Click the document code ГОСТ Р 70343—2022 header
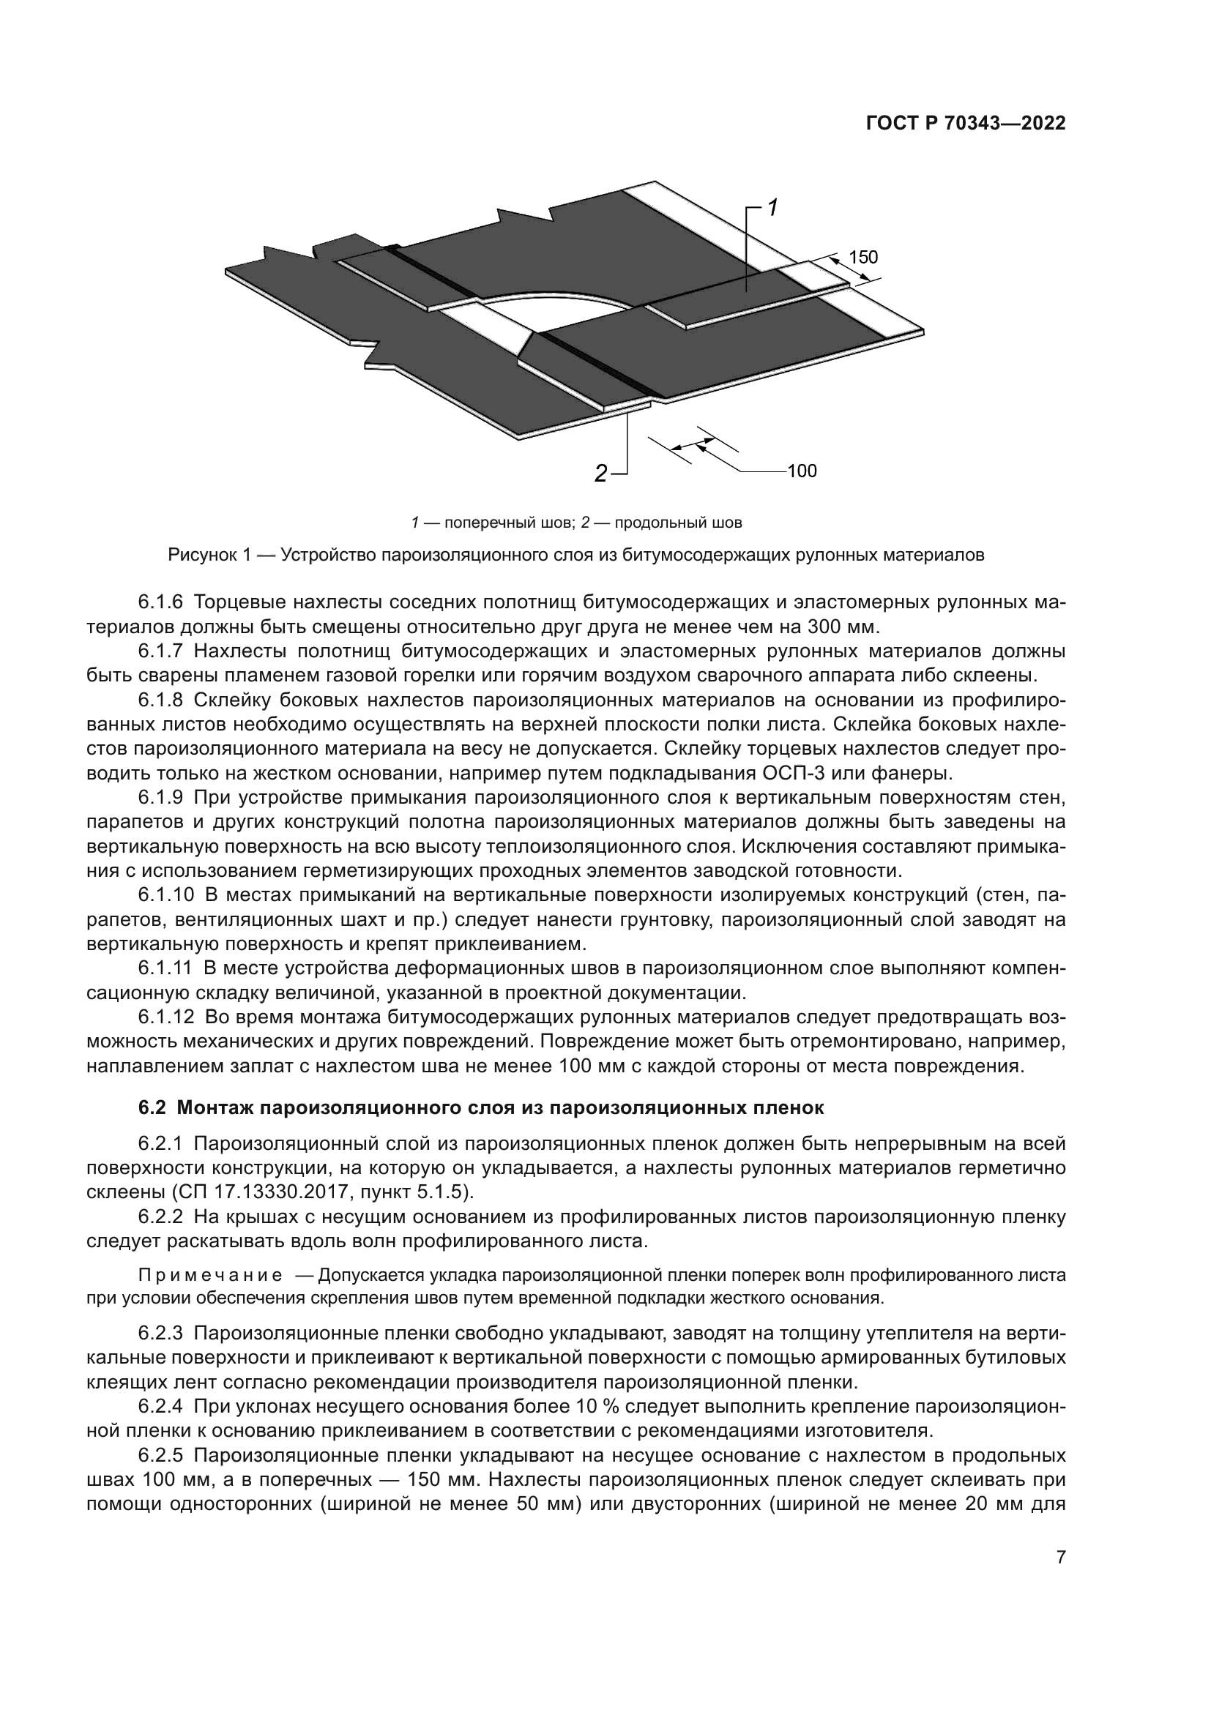(965, 124)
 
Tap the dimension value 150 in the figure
(863, 258)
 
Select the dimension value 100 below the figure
(802, 471)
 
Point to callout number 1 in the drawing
(773, 207)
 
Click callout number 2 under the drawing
(600, 473)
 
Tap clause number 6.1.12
(165, 1017)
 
